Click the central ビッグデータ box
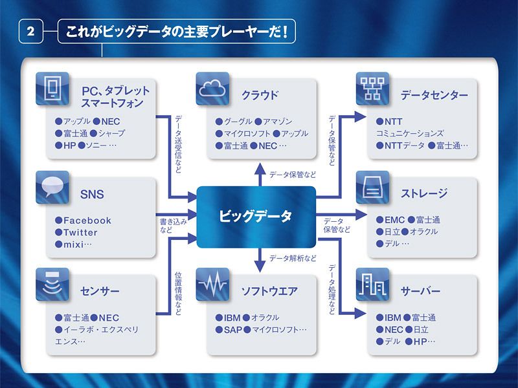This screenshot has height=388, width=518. [255, 216]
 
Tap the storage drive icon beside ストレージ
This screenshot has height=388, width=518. [372, 188]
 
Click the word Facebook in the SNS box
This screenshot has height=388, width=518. [87, 221]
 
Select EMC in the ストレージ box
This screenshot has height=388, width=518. [394, 220]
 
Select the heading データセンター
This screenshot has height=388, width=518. [434, 96]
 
